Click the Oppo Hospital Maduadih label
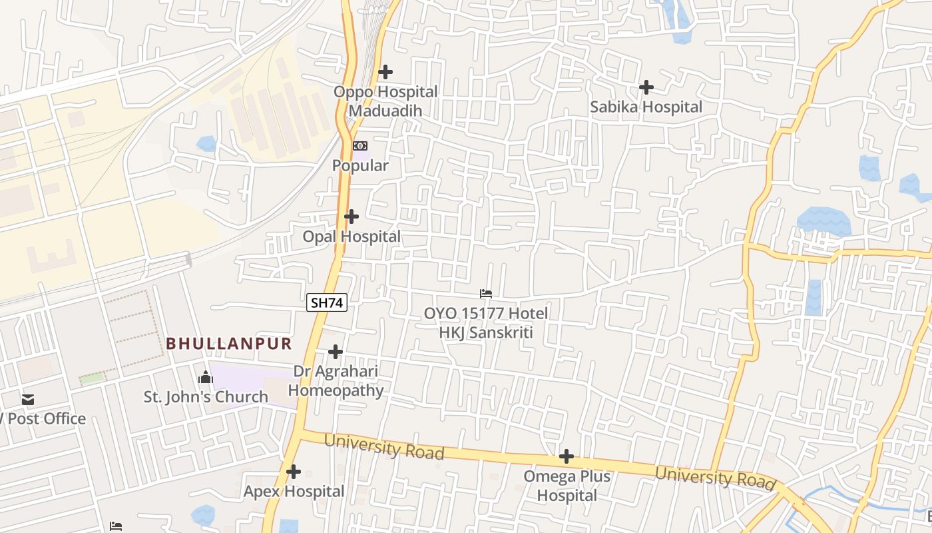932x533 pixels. [385, 101]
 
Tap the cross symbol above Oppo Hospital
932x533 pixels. [385, 72]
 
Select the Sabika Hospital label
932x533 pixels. [646, 107]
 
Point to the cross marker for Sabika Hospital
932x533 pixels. [646, 87]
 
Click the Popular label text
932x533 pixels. [360, 166]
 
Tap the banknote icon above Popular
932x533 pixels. [360, 146]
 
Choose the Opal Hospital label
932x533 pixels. [351, 237]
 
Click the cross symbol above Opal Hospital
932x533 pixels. [351, 217]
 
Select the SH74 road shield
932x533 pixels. [327, 302]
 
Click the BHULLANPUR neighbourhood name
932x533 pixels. [229, 344]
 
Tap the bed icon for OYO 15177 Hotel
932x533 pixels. [486, 293]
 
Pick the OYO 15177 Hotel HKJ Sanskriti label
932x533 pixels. [486, 322]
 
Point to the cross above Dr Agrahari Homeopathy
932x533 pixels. [336, 352]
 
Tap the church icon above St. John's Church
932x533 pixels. [206, 378]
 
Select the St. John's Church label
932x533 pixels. [206, 397]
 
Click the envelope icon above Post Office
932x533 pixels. [28, 400]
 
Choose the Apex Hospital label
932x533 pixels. [294, 492]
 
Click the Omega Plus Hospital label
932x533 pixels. [567, 486]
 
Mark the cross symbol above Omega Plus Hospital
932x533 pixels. [567, 456]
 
